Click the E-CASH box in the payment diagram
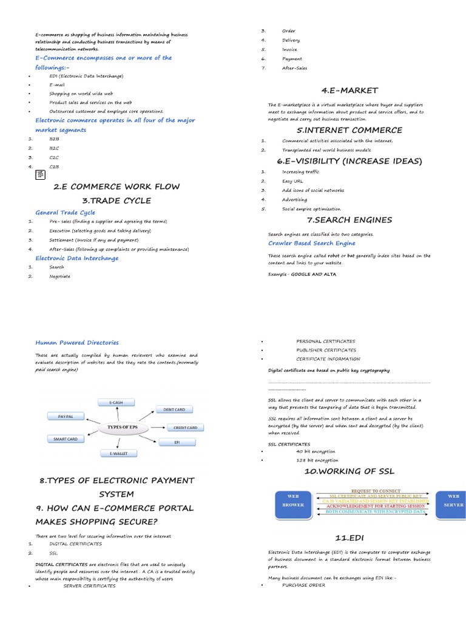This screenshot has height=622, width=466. [116, 402]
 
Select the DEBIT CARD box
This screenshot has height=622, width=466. [174, 409]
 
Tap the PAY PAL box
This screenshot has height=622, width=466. [66, 417]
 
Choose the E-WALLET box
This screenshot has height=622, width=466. [119, 453]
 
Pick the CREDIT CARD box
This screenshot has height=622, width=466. [184, 428]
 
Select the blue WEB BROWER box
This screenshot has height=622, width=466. [292, 500]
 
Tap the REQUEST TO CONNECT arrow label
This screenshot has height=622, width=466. [372, 490]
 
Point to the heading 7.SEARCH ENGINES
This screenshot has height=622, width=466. [349, 220]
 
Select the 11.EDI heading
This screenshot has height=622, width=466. [349, 538]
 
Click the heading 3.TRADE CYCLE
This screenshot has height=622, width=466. [116, 200]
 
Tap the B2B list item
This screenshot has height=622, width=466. [54, 139]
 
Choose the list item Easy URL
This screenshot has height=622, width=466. [292, 181]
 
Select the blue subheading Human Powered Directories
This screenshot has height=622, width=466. [77, 343]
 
